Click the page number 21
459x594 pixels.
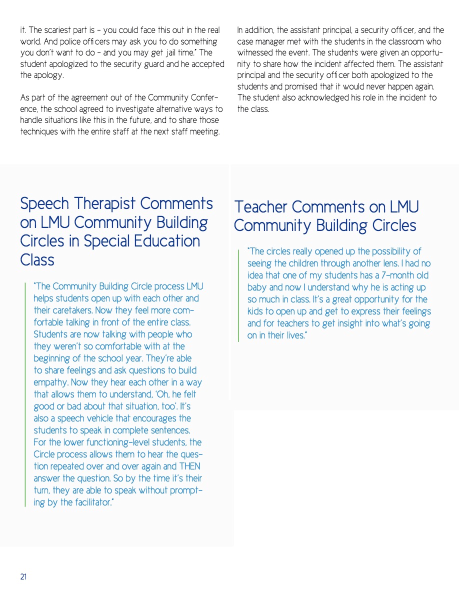[x=23, y=576]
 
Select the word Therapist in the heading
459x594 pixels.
[x=103, y=203]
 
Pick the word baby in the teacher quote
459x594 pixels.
[x=258, y=287]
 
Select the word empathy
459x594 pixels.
[x=50, y=382]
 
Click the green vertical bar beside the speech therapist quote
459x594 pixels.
[x=25, y=394]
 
